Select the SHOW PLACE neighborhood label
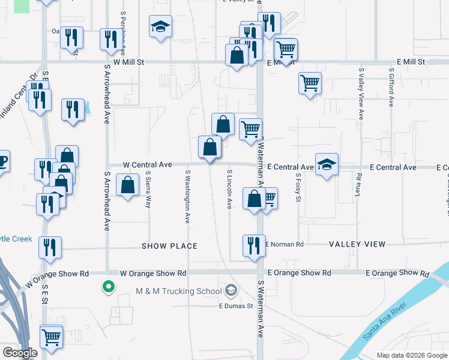coord(169,246)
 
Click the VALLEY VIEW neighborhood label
coord(357,244)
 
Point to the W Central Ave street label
coord(148,164)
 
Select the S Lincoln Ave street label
coord(229,188)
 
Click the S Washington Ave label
coord(188,196)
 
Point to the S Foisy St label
coord(298,188)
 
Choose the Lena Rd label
coord(359,185)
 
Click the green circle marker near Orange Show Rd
coord(108,287)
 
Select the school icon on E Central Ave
coord(326,165)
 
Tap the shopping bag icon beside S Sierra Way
coord(127,185)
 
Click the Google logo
coord(20,353)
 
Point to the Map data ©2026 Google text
coord(411,355)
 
